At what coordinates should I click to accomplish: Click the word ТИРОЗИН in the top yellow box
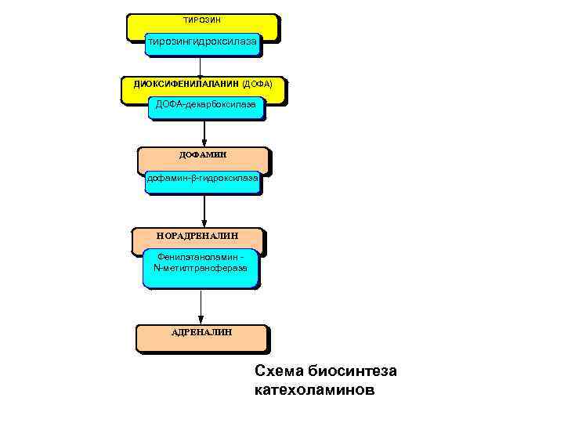coord(202,19)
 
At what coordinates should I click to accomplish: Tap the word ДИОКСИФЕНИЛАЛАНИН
coord(181,84)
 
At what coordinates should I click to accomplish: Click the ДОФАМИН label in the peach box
coord(203,155)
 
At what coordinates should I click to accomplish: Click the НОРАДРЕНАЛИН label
coord(197,235)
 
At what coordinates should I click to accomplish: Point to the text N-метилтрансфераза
coord(201,268)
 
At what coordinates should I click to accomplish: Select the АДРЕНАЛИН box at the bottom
coord(201,338)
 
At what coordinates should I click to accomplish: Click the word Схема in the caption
coord(279,371)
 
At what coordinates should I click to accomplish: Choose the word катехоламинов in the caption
coord(315,389)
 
